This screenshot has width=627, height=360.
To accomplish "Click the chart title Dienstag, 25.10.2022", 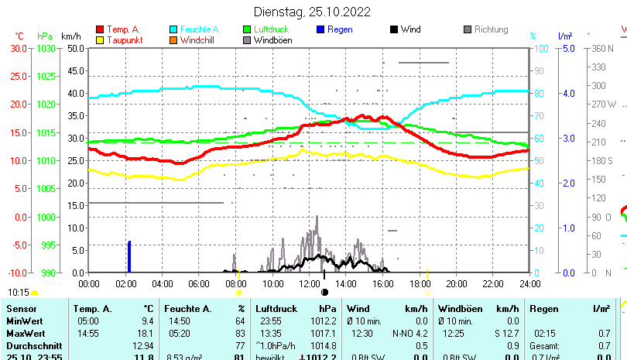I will click(x=313, y=12).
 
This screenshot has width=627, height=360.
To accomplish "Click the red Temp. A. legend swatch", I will click(x=100, y=29).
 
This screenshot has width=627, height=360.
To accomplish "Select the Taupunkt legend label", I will click(x=124, y=40).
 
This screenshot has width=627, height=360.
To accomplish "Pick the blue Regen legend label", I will click(x=341, y=29).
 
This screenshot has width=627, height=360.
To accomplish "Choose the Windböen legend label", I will click(x=272, y=40).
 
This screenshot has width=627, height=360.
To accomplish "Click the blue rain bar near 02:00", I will click(x=129, y=256).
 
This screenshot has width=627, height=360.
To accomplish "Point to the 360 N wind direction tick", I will click(x=604, y=48).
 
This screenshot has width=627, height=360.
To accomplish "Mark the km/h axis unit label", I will click(x=70, y=36).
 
